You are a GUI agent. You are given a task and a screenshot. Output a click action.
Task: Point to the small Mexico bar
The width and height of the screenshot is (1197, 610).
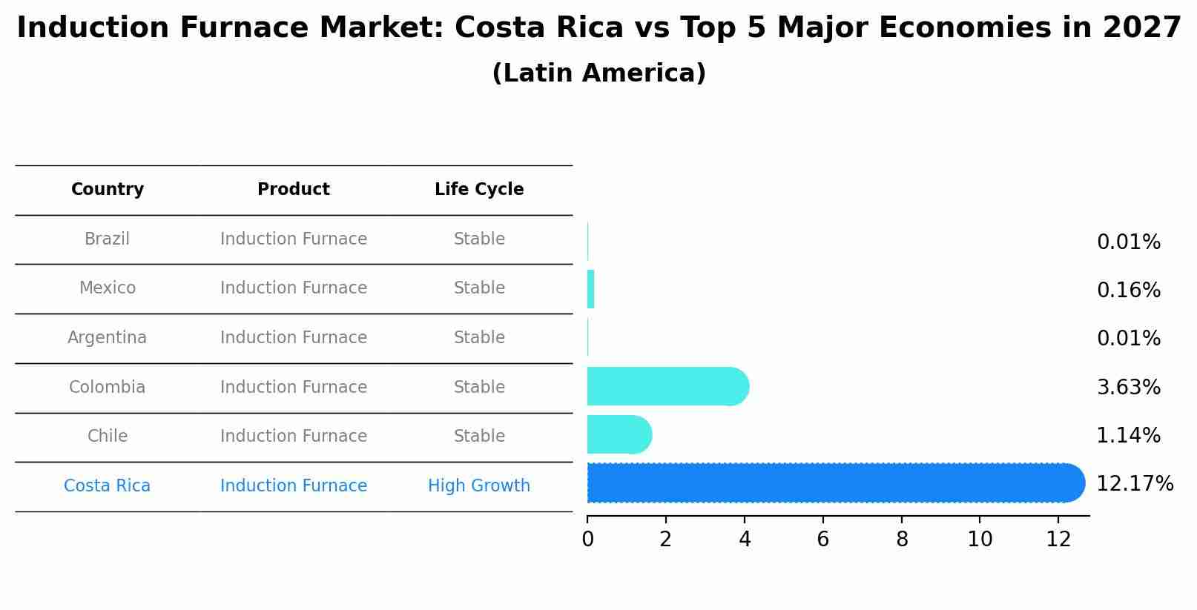[x=591, y=289]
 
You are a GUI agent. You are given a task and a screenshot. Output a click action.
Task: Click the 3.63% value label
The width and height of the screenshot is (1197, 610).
[x=1128, y=387]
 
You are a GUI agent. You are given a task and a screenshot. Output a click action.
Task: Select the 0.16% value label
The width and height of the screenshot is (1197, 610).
[x=1128, y=290]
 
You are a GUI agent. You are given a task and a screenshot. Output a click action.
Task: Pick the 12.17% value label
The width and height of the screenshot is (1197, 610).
[x=1134, y=484]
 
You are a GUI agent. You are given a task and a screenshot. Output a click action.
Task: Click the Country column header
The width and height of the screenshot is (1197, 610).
[x=108, y=190]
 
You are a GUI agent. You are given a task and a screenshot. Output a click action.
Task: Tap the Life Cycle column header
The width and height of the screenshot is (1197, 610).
[x=479, y=190]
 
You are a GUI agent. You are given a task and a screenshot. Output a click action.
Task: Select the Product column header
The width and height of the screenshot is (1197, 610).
[x=294, y=190]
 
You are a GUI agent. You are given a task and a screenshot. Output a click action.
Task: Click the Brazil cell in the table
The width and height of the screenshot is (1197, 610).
[x=108, y=239]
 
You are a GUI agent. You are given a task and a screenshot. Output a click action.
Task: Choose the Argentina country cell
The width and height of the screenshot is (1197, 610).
[x=108, y=338]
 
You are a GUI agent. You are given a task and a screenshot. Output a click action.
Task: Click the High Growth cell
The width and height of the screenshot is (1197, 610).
[x=479, y=486]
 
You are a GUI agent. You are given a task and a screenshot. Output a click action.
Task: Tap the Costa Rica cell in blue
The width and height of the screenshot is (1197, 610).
[x=108, y=486]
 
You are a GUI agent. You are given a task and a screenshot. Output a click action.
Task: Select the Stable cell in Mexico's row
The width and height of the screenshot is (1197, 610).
[x=479, y=288]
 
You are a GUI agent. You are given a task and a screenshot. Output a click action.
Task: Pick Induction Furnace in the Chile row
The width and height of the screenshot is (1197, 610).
[x=294, y=437]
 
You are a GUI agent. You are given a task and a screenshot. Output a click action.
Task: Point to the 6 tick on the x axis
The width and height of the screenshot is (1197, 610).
[x=822, y=540]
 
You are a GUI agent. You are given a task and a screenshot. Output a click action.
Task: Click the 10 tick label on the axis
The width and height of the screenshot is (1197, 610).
[x=980, y=540]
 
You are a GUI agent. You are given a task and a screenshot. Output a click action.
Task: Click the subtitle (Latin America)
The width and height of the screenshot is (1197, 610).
[x=598, y=73]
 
